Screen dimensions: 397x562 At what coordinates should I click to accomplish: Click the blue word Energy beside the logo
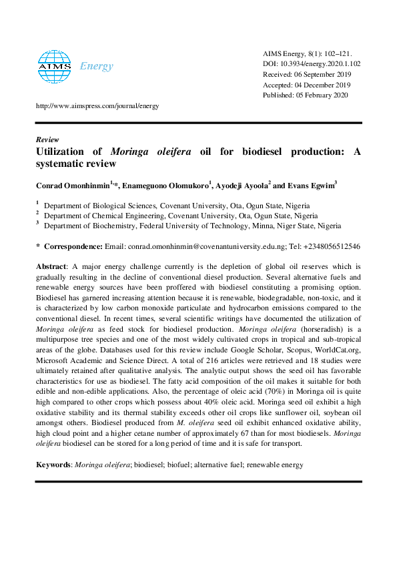pyautogui.click(x=96, y=66)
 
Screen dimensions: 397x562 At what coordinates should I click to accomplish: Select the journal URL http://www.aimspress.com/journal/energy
pyautogui.click(x=96, y=106)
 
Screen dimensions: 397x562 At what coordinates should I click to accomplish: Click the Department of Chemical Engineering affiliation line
pyautogui.click(x=180, y=216)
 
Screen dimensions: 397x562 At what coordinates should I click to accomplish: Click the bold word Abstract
pyautogui.click(x=51, y=266)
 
